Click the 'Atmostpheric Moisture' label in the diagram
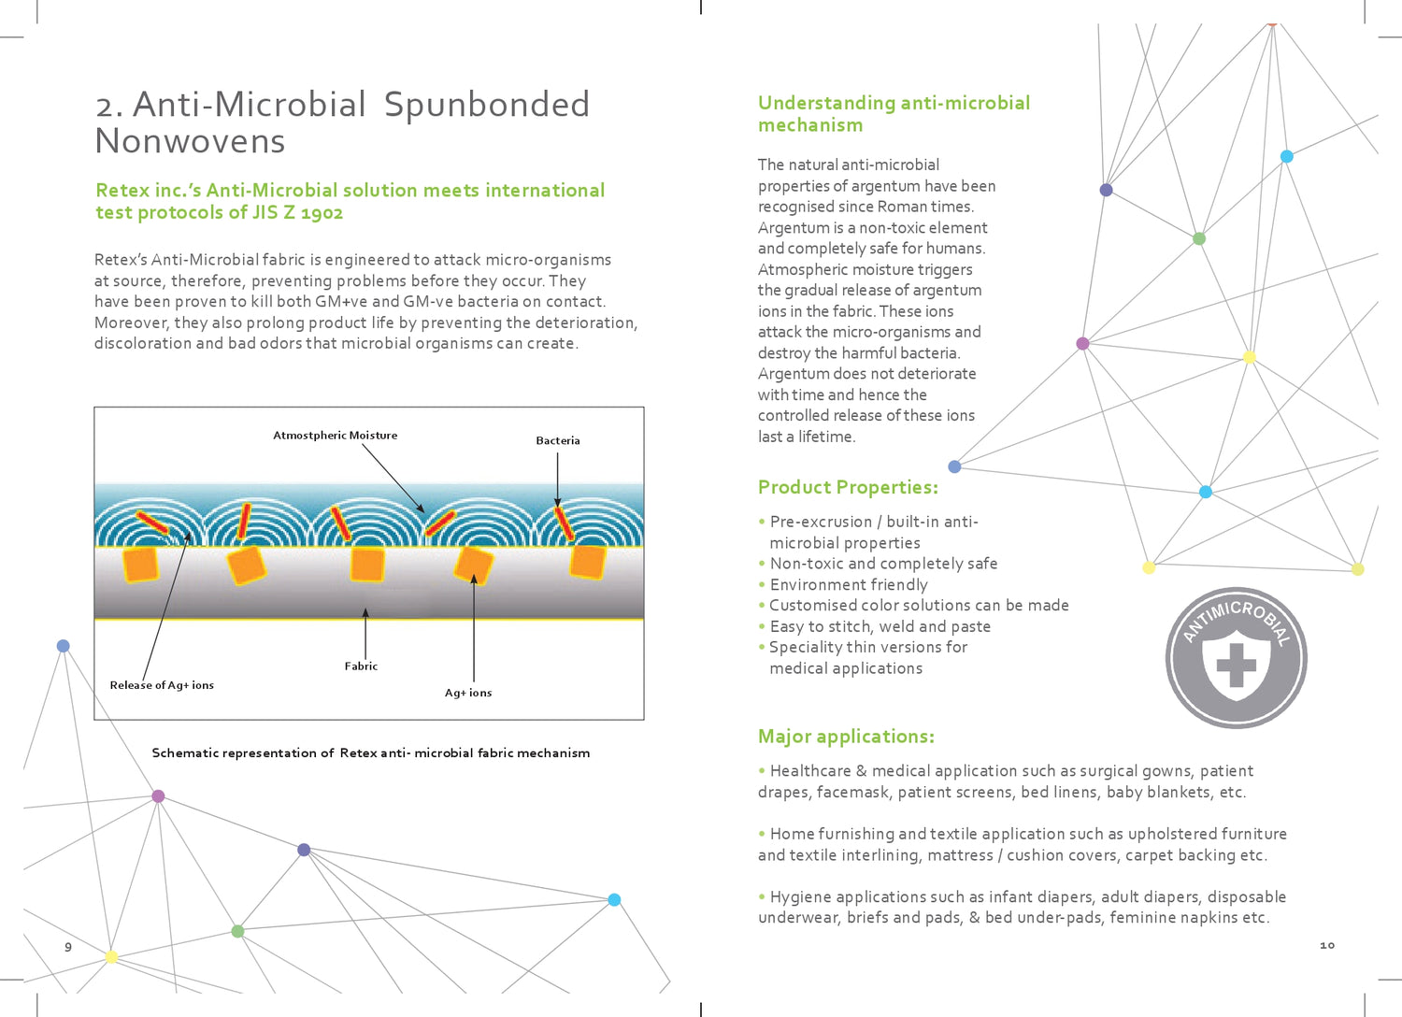(x=335, y=436)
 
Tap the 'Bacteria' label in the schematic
(x=558, y=441)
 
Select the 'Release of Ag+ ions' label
(x=162, y=685)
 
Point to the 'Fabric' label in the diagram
(x=361, y=666)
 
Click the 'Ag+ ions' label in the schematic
(x=468, y=693)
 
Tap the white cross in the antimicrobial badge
(x=1236, y=666)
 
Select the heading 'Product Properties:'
(x=848, y=487)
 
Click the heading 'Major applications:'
(x=846, y=737)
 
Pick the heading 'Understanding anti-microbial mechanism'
(x=894, y=114)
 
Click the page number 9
(x=68, y=947)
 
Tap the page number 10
(x=1327, y=946)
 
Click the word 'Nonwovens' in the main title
(x=190, y=141)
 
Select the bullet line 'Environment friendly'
(x=849, y=585)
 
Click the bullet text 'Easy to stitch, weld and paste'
(x=880, y=627)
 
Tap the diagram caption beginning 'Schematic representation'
(x=371, y=753)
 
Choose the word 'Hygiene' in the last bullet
(x=800, y=897)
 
